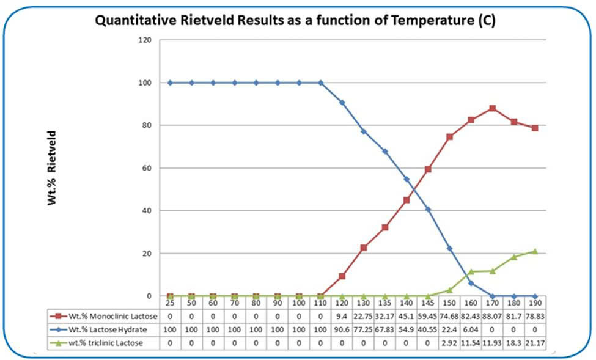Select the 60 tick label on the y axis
(146, 168)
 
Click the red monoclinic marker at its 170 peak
(492, 108)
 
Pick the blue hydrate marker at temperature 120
(342, 102)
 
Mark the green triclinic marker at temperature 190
(535, 251)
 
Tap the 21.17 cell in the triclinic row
(535, 343)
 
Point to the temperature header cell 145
(428, 303)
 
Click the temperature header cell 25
(170, 303)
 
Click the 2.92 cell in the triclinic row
(449, 343)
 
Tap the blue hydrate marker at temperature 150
(449, 248)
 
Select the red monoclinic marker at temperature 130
(364, 248)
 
